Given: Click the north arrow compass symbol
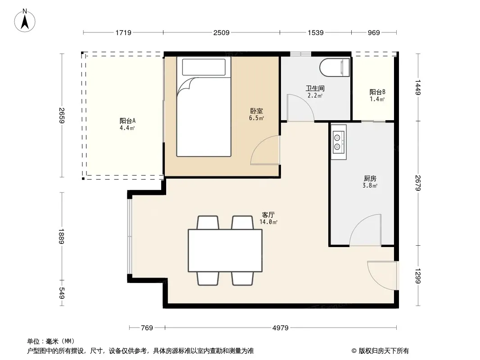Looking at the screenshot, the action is point(25,21).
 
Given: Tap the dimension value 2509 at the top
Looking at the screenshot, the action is point(222,33).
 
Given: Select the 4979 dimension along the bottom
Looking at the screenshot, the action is point(281,328).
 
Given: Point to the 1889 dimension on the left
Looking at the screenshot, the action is point(62,236).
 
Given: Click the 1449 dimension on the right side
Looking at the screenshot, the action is point(418,87).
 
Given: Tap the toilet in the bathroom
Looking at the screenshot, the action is point(334,67).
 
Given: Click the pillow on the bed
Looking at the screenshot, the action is point(204,67).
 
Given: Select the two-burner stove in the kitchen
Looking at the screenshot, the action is point(339,142).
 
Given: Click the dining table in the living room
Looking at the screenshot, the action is point(225,251).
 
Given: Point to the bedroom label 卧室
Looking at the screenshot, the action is point(257,111).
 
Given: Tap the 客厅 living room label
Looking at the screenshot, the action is point(268,215).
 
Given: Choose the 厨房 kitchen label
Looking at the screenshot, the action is point(370,178).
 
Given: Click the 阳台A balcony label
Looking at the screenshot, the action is point(127,121).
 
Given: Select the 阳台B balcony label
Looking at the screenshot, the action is point(377,92).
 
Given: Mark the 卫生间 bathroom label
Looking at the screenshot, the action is point(315,88).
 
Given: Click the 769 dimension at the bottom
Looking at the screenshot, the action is point(147,328).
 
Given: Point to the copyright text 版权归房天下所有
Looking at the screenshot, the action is point(384,351).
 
